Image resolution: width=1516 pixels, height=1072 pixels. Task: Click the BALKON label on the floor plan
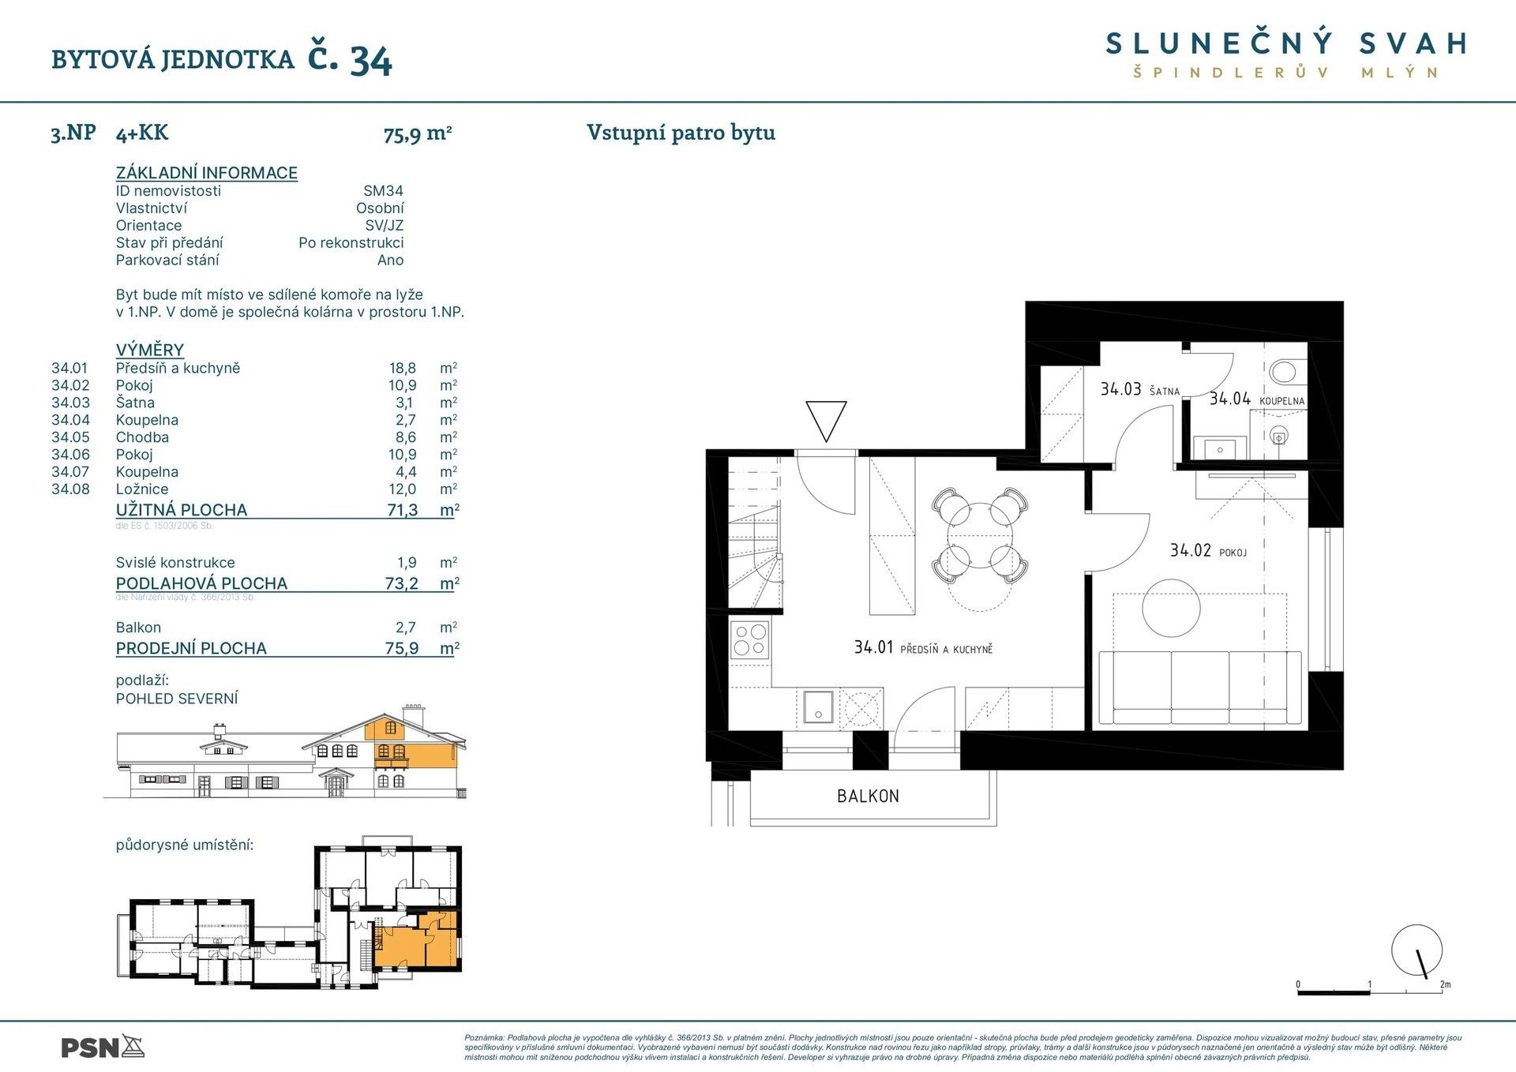click(868, 796)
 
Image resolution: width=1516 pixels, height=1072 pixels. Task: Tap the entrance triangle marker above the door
click(826, 420)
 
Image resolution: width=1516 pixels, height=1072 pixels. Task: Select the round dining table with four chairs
click(980, 536)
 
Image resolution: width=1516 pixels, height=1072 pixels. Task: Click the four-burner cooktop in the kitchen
click(750, 640)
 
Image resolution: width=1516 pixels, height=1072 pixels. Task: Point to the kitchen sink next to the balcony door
click(818, 707)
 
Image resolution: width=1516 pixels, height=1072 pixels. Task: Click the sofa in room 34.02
click(1200, 688)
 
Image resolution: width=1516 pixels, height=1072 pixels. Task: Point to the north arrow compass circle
click(1417, 950)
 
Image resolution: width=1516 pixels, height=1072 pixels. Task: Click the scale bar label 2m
click(1445, 984)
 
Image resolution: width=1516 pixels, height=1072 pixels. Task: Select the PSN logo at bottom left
click(103, 1048)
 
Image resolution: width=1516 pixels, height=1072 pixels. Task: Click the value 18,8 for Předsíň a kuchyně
click(402, 368)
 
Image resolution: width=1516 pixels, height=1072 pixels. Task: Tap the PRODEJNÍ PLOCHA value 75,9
click(402, 648)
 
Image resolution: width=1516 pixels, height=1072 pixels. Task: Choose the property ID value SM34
click(383, 191)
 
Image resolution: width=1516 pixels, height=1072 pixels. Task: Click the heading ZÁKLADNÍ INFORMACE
click(206, 173)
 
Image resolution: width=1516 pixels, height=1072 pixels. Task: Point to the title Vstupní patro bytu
click(681, 133)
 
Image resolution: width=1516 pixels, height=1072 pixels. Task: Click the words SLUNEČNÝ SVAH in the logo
click(1286, 44)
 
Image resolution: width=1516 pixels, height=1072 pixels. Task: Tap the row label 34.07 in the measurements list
click(70, 472)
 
